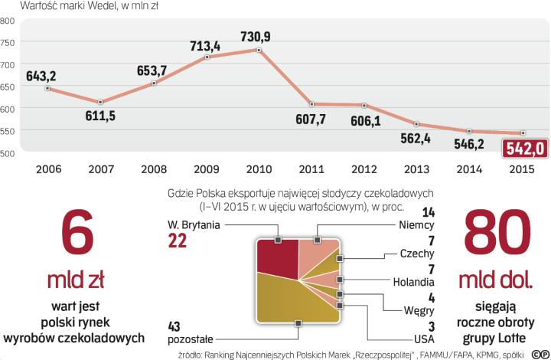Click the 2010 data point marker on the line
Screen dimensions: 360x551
pyautogui.click(x=259, y=51)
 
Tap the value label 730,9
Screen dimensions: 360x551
pyautogui.click(x=260, y=36)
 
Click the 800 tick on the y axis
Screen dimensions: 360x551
pyautogui.click(x=8, y=21)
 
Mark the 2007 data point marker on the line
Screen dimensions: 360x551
pyautogui.click(x=101, y=102)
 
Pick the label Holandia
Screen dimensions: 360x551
pyautogui.click(x=412, y=281)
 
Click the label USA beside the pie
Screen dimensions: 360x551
pyautogui.click(x=422, y=338)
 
